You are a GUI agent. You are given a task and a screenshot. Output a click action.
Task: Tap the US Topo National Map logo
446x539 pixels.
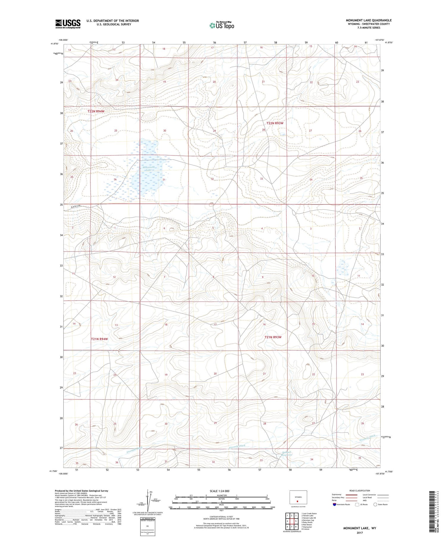(x=222, y=25)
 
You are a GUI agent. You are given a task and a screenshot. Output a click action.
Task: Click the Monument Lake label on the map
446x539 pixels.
(x=148, y=169)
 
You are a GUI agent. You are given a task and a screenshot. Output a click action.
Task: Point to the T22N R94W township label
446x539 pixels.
(x=96, y=111)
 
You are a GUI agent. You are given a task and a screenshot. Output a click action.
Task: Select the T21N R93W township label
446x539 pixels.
(x=273, y=337)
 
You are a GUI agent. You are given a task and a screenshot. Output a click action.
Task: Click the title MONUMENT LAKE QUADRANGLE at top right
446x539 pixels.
(x=368, y=20)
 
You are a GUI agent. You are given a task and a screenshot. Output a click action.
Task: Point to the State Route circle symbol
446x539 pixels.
(x=375, y=505)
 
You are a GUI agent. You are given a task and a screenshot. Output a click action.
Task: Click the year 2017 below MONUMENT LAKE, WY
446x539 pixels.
(x=359, y=532)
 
